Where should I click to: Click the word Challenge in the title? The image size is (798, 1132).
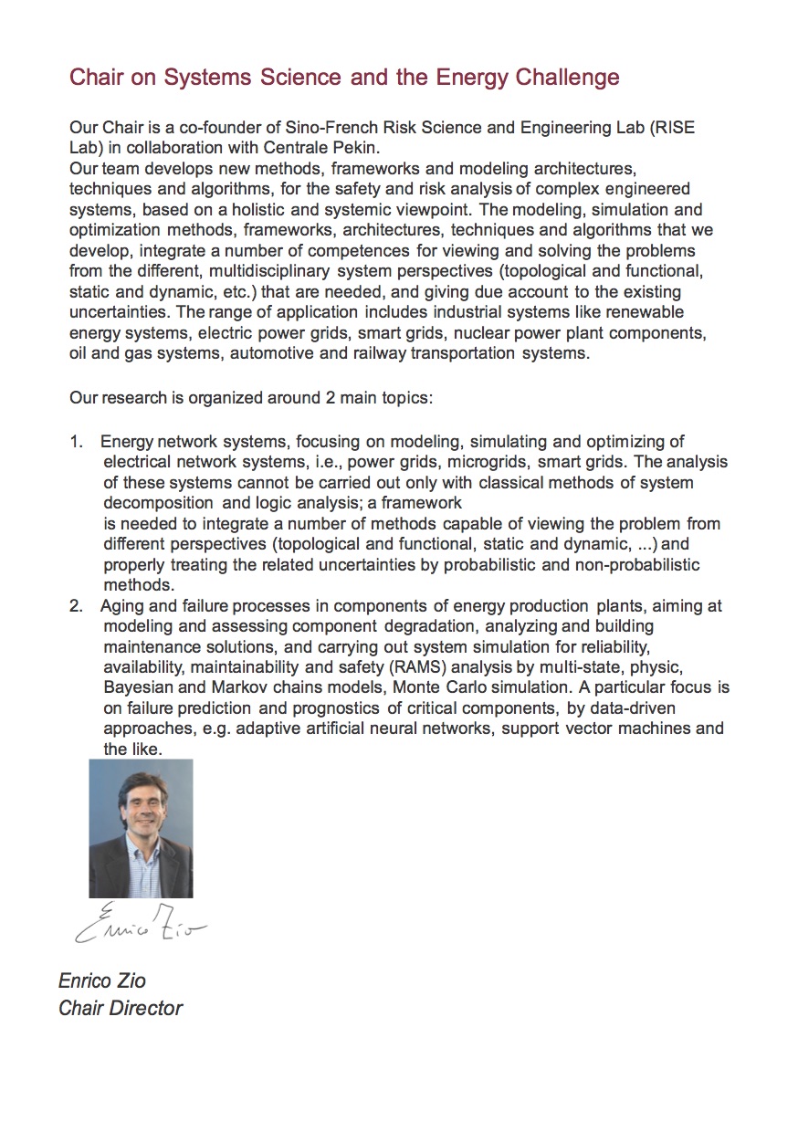click(567, 78)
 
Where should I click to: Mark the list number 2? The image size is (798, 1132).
click(76, 606)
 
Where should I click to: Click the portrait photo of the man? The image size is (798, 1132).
click(141, 829)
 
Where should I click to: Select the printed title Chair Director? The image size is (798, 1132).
click(121, 1009)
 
